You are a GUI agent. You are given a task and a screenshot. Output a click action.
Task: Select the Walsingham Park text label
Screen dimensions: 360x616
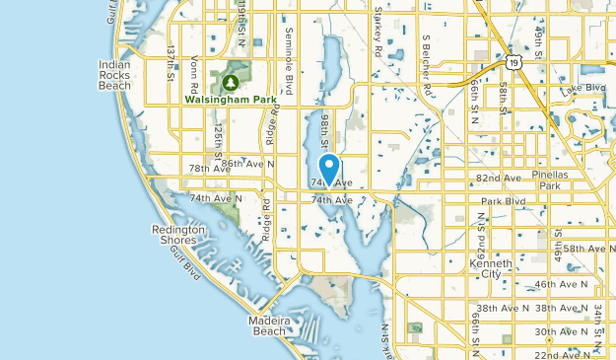(230, 99)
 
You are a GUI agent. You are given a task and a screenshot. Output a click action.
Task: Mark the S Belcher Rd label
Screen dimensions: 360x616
(428, 65)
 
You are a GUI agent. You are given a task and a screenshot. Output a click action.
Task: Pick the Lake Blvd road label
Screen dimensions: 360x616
(582, 90)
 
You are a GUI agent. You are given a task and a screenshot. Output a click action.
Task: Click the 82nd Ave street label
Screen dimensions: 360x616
(498, 179)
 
